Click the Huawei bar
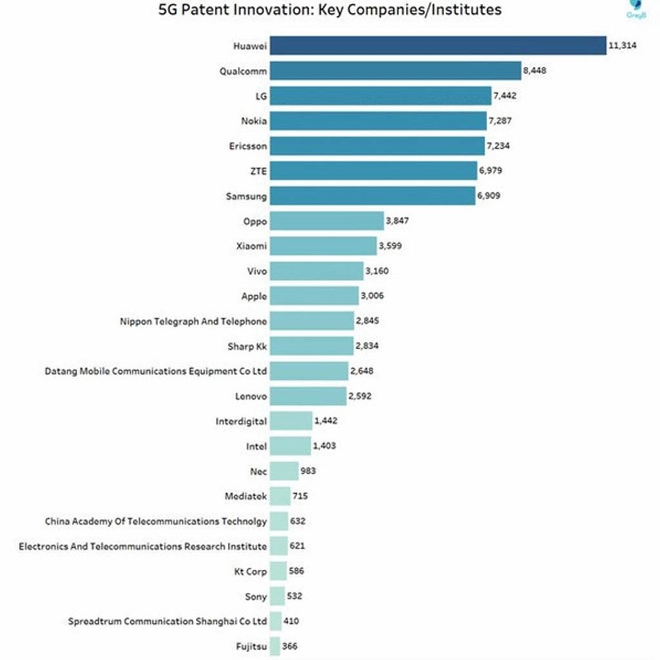pyautogui.click(x=438, y=45)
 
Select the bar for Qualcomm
pyautogui.click(x=395, y=70)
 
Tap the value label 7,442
pyautogui.click(x=505, y=95)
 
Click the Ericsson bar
pyautogui.click(x=377, y=146)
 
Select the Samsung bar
pyautogui.click(x=373, y=195)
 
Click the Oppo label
pyautogui.click(x=256, y=221)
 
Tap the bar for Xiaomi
pyautogui.click(x=323, y=246)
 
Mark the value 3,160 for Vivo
pyautogui.click(x=378, y=271)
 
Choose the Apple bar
pyautogui.click(x=314, y=296)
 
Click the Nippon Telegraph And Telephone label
pyautogui.click(x=193, y=321)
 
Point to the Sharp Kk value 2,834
pyautogui.click(x=367, y=346)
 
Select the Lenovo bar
pyautogui.click(x=308, y=396)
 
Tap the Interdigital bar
pyautogui.click(x=291, y=421)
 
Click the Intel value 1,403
pyautogui.click(x=324, y=446)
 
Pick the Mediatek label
pyautogui.click(x=246, y=496)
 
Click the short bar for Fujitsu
pyautogui.click(x=275, y=646)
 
